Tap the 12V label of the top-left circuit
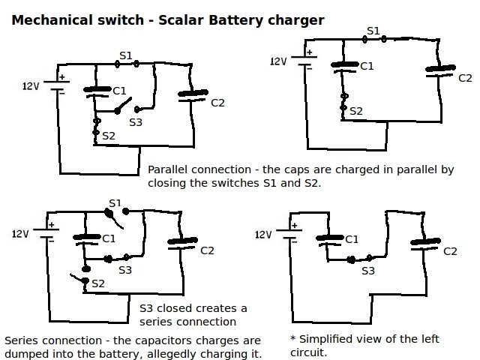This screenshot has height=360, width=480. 31,86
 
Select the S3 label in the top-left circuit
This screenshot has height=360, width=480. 136,122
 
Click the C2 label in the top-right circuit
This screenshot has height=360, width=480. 465,78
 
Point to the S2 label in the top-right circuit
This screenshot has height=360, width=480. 356,111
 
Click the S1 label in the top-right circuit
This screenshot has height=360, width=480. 373,31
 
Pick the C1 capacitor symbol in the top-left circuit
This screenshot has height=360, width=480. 97,91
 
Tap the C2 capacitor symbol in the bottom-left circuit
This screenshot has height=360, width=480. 182,243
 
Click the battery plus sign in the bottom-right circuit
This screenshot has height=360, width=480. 295,226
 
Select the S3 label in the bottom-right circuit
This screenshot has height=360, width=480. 368,271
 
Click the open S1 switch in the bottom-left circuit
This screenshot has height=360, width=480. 116,217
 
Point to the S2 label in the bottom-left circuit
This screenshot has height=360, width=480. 98,283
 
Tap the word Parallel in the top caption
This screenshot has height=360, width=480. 167,169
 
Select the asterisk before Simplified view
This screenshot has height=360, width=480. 293,338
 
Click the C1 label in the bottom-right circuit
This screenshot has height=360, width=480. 352,239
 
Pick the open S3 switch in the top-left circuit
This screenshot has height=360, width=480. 127,106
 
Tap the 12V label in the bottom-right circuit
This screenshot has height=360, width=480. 263,235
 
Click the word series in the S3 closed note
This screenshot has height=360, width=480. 153,322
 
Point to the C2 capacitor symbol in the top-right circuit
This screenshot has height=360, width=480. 440,70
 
